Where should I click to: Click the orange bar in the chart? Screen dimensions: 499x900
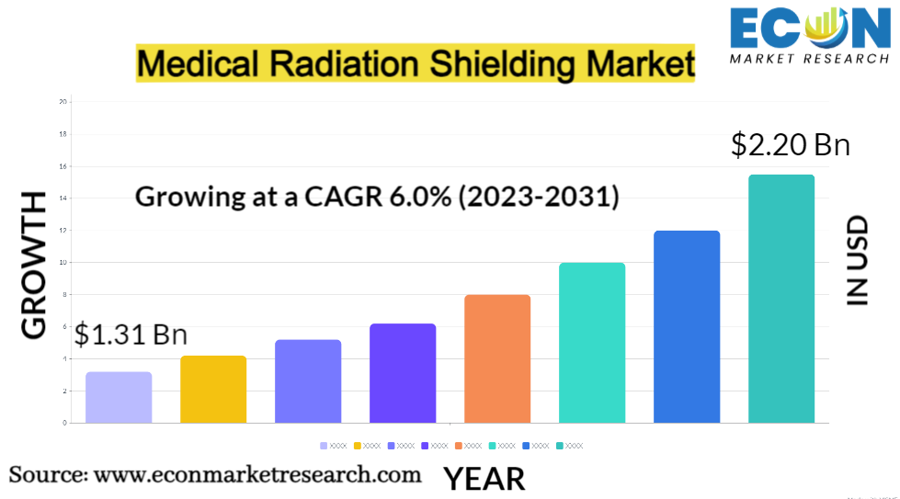[x=497, y=358]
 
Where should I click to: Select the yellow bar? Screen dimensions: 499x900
[x=213, y=389]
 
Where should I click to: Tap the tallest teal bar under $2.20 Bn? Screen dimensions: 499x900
[x=781, y=299]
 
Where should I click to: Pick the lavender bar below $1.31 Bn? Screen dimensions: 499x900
[x=119, y=397]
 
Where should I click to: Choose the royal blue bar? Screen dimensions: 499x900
[x=687, y=326]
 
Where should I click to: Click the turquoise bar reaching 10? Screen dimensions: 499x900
[x=592, y=343]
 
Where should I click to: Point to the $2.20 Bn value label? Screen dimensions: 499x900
[x=790, y=145]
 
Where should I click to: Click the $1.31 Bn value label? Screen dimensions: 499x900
[x=131, y=335]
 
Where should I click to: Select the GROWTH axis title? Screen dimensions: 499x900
[x=34, y=266]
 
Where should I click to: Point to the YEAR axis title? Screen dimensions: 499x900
[x=484, y=479]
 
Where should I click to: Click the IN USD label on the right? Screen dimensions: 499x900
[x=858, y=260]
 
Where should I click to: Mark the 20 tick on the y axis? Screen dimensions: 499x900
[x=63, y=101]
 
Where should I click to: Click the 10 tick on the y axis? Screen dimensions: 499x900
[x=63, y=262]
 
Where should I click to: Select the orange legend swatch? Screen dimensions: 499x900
[x=458, y=446]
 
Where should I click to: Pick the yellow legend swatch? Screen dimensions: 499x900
[x=357, y=446]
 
